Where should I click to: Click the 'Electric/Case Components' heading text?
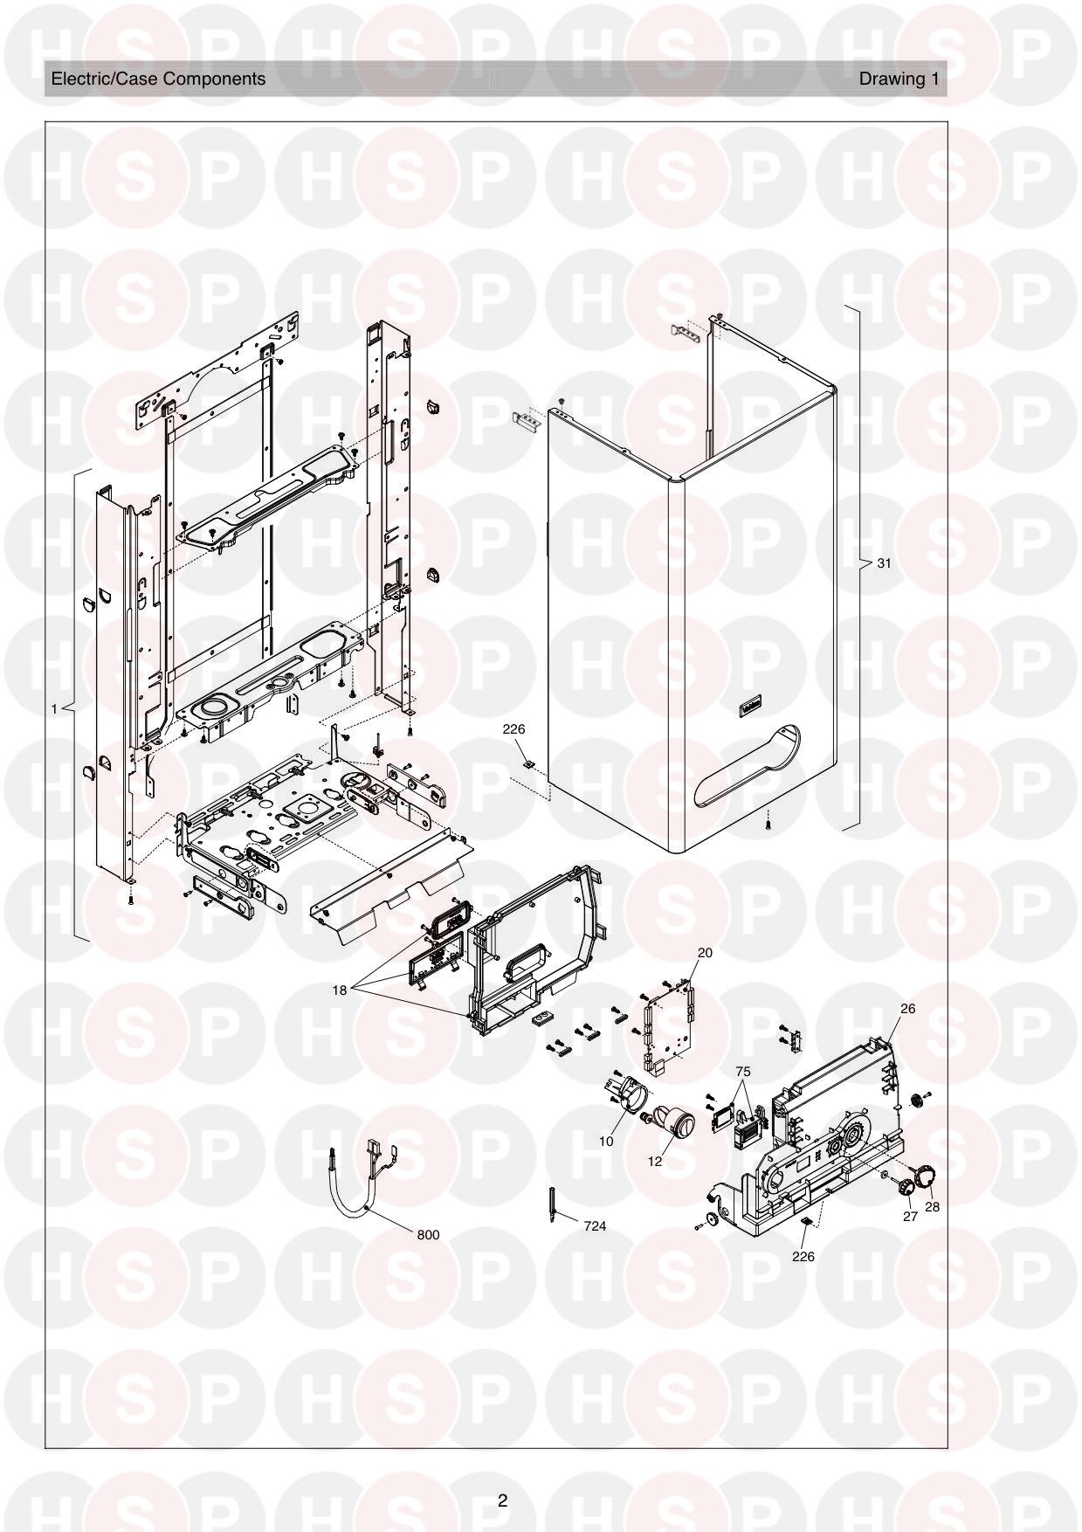(x=158, y=79)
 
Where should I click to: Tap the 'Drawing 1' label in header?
(x=899, y=79)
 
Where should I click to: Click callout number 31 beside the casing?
(x=884, y=563)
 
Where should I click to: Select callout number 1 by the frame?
(x=54, y=709)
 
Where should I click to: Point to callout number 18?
(x=340, y=990)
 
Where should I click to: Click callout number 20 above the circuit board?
(x=705, y=953)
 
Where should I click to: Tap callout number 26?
(x=907, y=1009)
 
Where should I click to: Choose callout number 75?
(x=743, y=1071)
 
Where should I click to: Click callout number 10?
(x=606, y=1141)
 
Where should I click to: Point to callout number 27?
(x=910, y=1216)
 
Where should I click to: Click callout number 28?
(x=932, y=1206)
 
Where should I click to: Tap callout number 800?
(x=428, y=1235)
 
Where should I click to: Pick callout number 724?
(x=595, y=1226)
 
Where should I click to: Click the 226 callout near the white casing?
(x=513, y=728)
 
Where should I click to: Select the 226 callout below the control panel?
(x=803, y=1256)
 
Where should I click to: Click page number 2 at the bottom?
(x=502, y=1501)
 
